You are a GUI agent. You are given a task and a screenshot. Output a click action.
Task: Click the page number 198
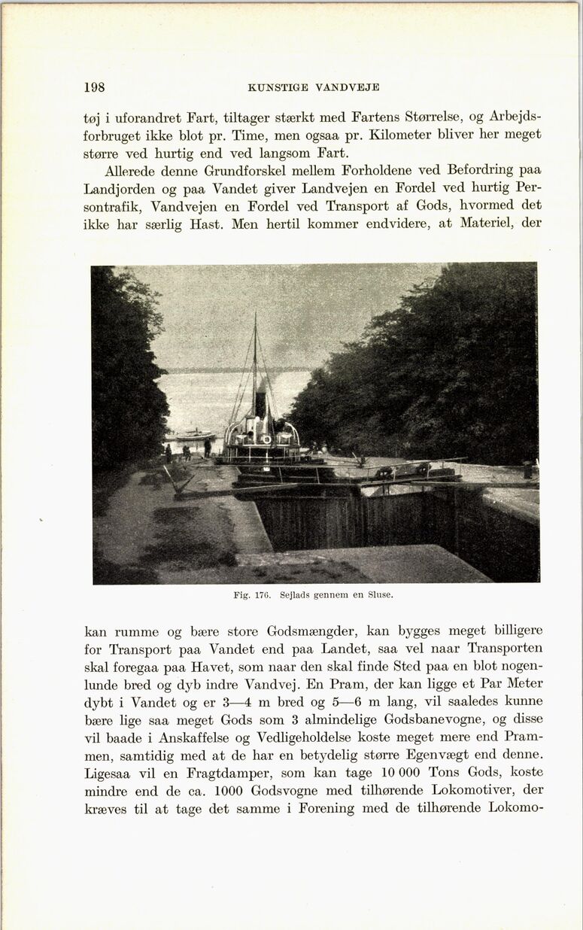pyautogui.click(x=95, y=87)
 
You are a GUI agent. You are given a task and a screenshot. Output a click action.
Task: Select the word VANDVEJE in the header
pyautogui.click(x=348, y=87)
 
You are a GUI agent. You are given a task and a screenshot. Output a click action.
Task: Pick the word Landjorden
pyautogui.click(x=122, y=188)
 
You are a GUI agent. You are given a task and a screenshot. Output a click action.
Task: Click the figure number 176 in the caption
pyautogui.click(x=262, y=594)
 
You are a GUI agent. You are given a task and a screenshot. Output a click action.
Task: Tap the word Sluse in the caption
pyautogui.click(x=379, y=594)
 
